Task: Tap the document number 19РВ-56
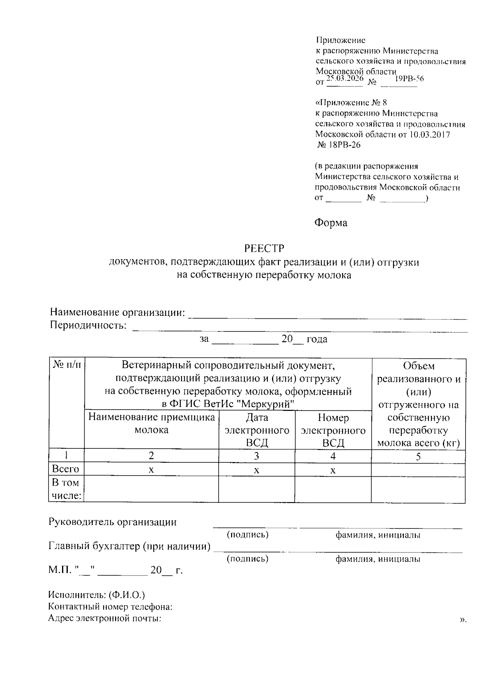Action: tap(409, 79)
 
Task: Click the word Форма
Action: tap(331, 223)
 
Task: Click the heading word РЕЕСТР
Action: tap(264, 248)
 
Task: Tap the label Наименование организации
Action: tap(117, 313)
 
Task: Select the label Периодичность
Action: tap(88, 326)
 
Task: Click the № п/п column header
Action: tap(67, 365)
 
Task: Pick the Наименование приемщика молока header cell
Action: tap(151, 424)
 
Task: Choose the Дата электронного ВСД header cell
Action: tap(256, 430)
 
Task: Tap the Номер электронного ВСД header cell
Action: tap(333, 430)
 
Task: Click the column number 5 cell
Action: tap(418, 456)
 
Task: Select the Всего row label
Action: tap(66, 469)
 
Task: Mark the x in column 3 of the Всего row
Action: tap(256, 470)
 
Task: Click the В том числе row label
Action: tap(66, 489)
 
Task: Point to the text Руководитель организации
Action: tap(113, 522)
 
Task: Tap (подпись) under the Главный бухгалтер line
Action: tap(247, 559)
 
